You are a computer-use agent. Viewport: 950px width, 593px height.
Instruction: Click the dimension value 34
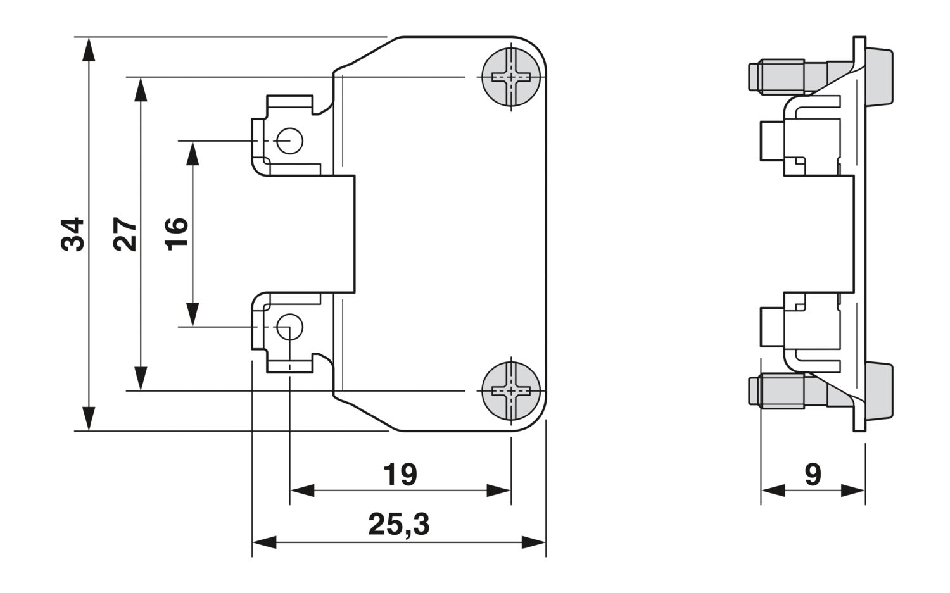pos(72,234)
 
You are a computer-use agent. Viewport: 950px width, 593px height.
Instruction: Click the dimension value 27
pos(124,234)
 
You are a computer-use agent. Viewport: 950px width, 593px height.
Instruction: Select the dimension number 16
pos(176,234)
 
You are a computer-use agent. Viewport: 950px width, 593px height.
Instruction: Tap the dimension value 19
pos(400,474)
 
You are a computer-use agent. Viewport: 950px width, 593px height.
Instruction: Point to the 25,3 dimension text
pos(399,525)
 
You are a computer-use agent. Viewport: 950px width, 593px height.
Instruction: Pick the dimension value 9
pos(813,474)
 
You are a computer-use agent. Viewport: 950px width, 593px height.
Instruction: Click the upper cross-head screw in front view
pos(511,77)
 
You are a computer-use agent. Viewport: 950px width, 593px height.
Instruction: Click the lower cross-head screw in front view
pos(511,391)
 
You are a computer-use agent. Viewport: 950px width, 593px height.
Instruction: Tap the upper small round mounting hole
pos(289,140)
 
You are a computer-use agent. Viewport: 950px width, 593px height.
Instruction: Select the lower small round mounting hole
pos(289,327)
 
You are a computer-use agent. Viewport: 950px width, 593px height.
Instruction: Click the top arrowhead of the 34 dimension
pos(89,49)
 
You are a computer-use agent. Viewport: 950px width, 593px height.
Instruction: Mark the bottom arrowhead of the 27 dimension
pos(141,378)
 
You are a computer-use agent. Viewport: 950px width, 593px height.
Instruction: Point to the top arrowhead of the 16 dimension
pos(193,153)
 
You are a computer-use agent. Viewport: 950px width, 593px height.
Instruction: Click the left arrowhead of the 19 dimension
pos(302,490)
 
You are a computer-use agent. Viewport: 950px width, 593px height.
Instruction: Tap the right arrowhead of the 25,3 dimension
pos(533,542)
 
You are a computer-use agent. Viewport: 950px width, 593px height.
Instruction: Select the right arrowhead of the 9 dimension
pos(853,490)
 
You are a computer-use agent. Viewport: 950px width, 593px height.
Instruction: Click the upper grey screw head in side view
pos(879,77)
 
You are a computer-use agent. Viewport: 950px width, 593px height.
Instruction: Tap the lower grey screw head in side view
pos(879,391)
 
